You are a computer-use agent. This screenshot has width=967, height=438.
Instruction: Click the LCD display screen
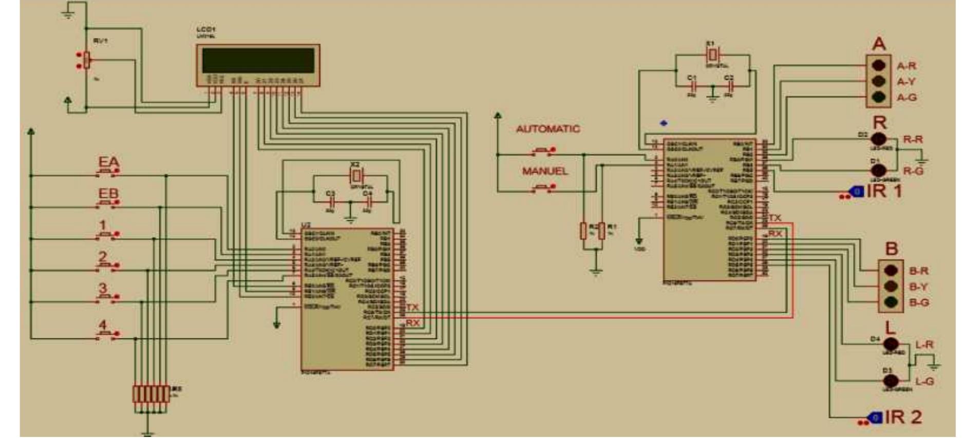click(258, 61)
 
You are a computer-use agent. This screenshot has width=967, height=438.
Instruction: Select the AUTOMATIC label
click(547, 129)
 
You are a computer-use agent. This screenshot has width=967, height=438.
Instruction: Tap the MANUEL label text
click(545, 171)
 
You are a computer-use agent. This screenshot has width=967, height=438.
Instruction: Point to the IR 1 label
click(884, 191)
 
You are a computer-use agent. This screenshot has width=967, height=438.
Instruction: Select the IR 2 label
click(903, 417)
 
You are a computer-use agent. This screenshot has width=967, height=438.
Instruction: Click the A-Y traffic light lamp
click(878, 81)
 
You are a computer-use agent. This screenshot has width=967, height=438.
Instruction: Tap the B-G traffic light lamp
click(891, 302)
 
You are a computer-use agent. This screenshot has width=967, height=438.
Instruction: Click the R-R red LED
click(878, 139)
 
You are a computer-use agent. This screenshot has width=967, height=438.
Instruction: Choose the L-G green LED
click(891, 381)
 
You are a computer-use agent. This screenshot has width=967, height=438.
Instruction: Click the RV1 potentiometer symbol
click(87, 60)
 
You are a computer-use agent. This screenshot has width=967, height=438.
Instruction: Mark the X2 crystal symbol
click(355, 176)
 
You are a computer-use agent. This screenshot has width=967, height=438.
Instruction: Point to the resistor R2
click(583, 231)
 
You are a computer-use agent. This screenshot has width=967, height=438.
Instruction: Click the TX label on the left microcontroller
click(412, 307)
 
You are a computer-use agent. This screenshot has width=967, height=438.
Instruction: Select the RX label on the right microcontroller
click(775, 234)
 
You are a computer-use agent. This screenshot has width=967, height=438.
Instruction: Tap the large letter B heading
click(892, 249)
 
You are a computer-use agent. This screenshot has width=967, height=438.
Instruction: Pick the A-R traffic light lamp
click(878, 65)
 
